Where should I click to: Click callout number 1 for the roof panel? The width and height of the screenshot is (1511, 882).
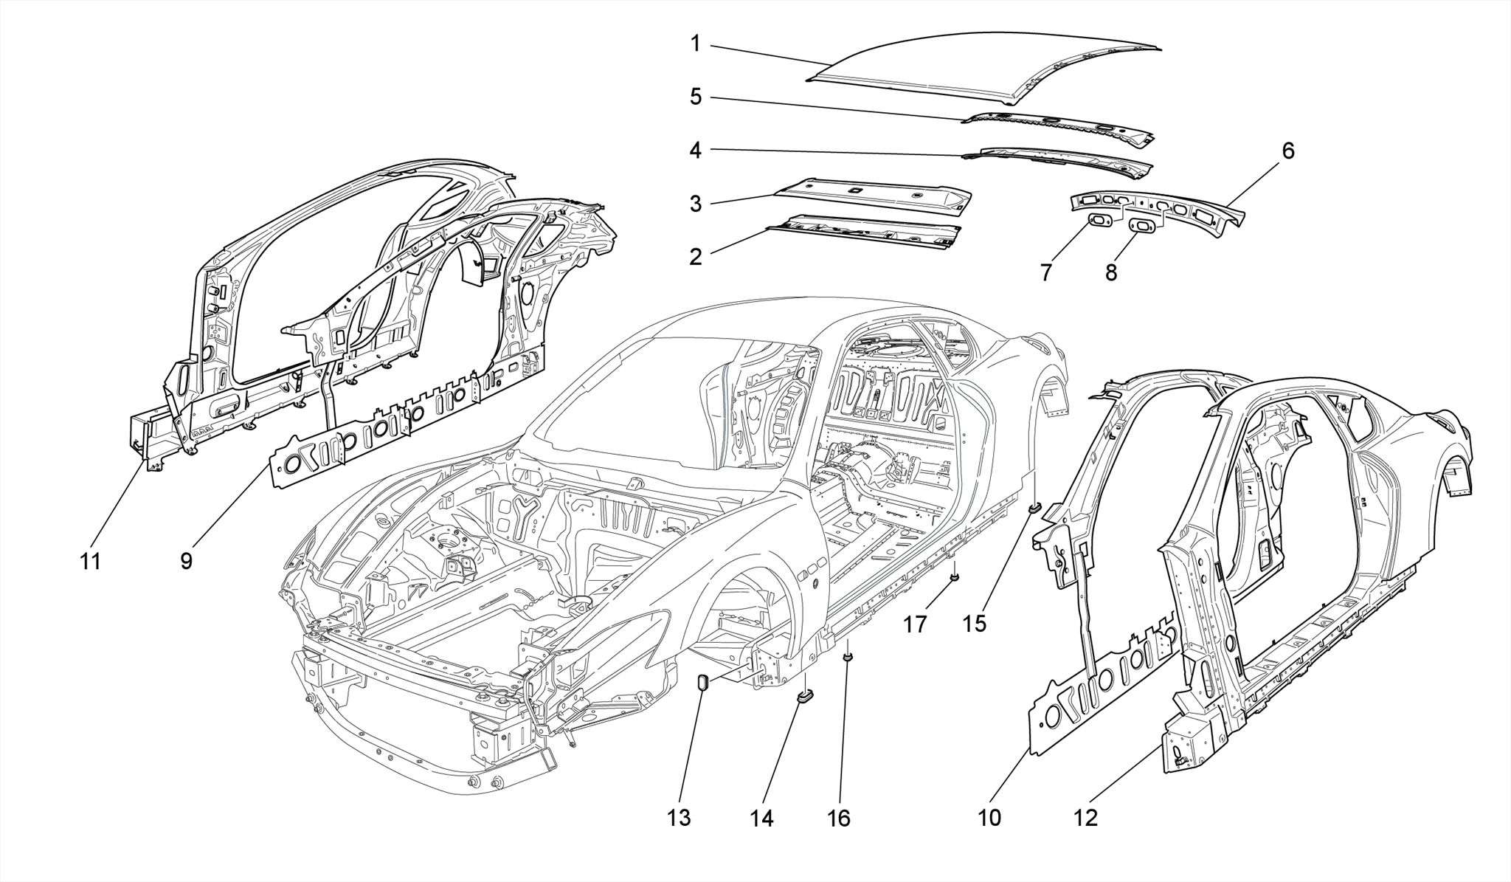click(x=695, y=44)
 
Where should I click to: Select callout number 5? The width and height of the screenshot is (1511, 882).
click(x=695, y=97)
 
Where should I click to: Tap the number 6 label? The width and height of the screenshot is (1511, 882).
click(x=1287, y=151)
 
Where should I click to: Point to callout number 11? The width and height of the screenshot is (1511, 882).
click(x=90, y=561)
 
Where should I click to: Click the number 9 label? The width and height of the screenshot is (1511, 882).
click(x=186, y=561)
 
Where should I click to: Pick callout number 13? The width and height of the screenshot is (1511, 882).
click(x=680, y=818)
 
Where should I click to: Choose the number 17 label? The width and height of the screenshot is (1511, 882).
click(x=915, y=624)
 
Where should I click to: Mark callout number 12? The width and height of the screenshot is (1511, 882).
click(x=1087, y=818)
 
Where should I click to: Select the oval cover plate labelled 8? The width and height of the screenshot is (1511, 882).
click(x=1143, y=227)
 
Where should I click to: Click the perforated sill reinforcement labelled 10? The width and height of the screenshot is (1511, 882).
click(x=1099, y=679)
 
